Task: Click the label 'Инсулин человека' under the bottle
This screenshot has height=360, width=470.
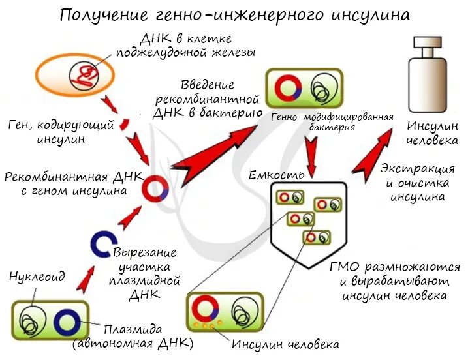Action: [432, 133]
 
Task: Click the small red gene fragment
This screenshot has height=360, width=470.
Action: [125, 125]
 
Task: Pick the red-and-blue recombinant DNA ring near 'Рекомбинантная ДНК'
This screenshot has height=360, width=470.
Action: [157, 188]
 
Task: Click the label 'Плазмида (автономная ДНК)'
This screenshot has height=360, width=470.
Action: [133, 336]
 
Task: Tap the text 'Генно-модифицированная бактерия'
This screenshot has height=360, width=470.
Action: [332, 122]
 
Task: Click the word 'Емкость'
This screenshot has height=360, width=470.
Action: [276, 176]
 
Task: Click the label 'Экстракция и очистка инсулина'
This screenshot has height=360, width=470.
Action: [418, 182]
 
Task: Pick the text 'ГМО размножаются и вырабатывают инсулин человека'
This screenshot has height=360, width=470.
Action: [395, 282]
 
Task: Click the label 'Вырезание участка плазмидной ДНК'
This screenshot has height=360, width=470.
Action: [144, 273]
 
